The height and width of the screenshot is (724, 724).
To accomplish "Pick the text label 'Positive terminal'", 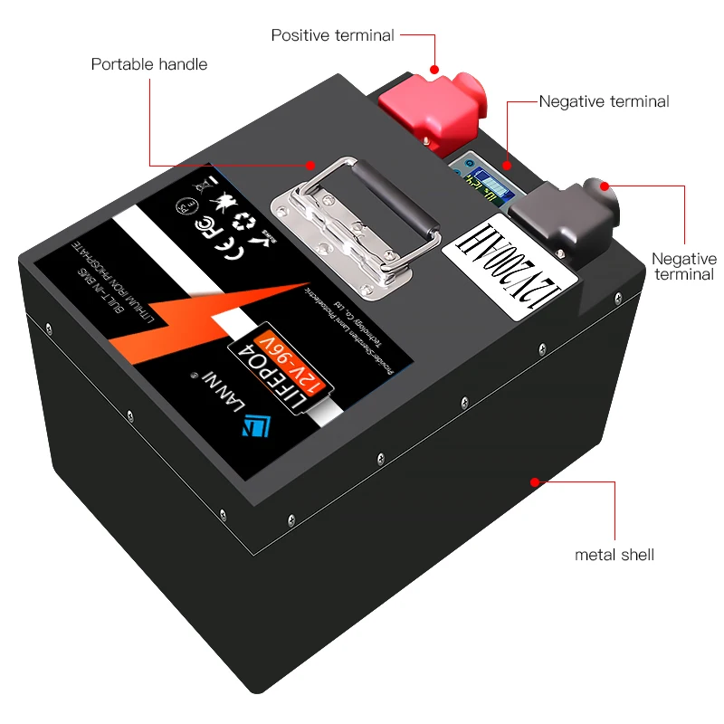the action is (x=332, y=35).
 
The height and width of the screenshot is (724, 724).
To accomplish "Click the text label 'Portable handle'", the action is (x=149, y=64).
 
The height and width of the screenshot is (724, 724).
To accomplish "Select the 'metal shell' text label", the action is (x=614, y=554).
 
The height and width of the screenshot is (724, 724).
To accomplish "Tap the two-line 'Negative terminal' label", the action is (x=683, y=266).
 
